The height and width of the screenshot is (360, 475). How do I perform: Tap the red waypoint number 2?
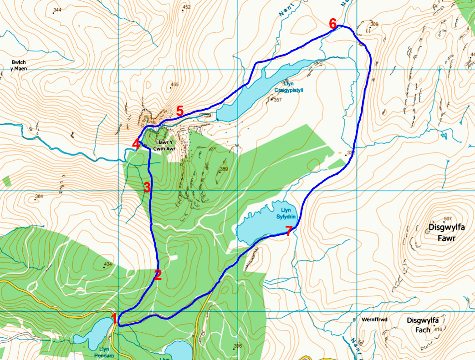coord(158,274)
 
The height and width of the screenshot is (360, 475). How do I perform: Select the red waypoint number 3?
coord(147,187)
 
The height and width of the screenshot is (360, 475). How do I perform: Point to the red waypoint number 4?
coord(135,144)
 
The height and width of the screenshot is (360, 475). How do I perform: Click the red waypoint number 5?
coord(180,110)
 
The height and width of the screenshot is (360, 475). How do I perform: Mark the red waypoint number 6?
coord(333,23)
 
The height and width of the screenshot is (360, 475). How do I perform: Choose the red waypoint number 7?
coord(288,231)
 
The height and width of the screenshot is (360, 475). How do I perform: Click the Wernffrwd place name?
coord(374,319)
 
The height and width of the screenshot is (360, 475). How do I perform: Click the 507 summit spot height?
coord(447,218)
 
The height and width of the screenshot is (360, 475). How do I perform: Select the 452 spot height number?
coord(186,7)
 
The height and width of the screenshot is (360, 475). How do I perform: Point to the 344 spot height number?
coord(57,10)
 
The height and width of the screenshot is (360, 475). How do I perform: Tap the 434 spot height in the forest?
coord(107,264)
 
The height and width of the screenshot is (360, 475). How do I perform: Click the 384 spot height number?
coord(39,197)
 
